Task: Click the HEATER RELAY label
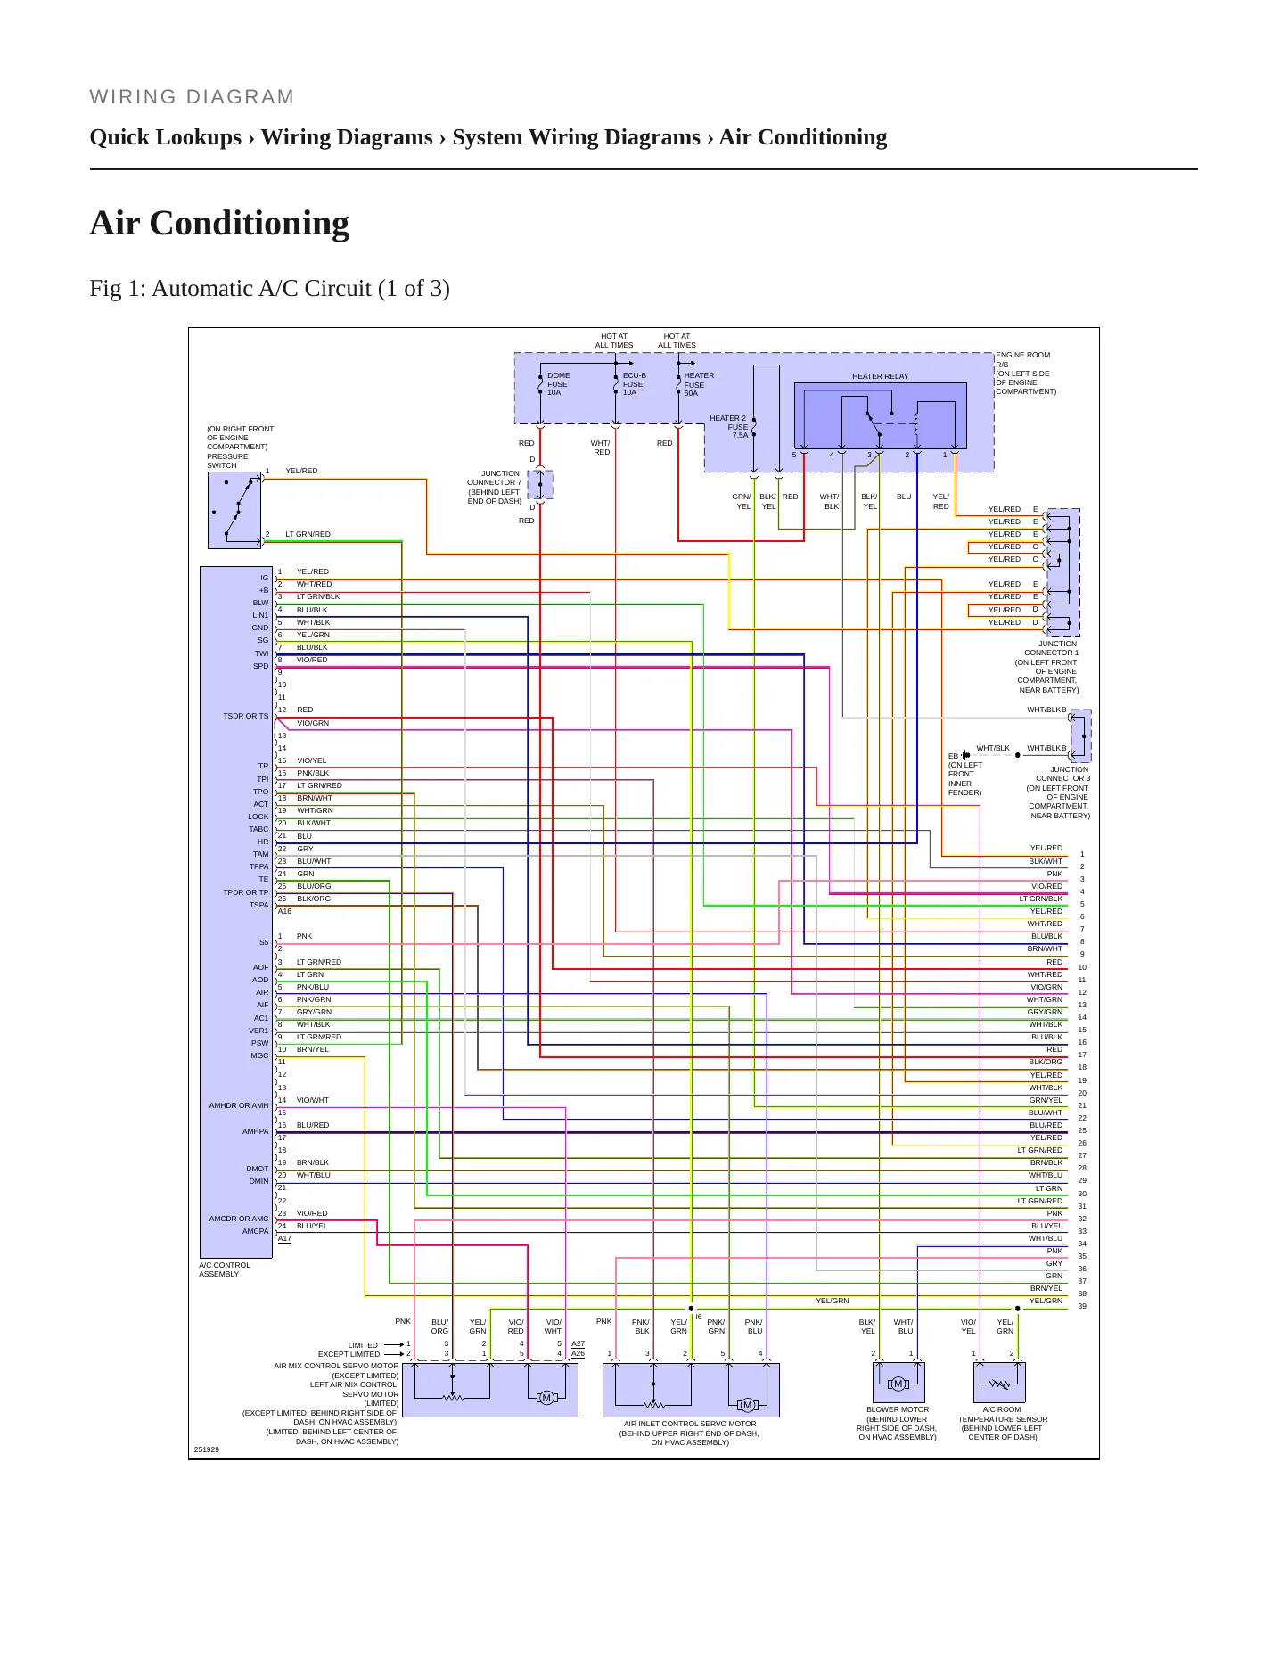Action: click(x=880, y=376)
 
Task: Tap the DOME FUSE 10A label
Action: click(x=558, y=384)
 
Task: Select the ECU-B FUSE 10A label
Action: click(x=634, y=384)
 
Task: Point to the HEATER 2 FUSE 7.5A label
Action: click(x=729, y=427)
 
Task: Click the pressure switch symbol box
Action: click(x=234, y=510)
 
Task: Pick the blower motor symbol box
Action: click(x=898, y=1383)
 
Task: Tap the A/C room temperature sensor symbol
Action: click(x=999, y=1383)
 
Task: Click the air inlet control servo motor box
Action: click(x=691, y=1390)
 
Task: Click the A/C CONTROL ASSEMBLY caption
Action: click(x=225, y=1269)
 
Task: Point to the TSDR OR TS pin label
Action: click(x=245, y=716)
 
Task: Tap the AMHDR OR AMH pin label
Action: click(x=239, y=1105)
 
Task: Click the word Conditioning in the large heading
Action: click(x=250, y=224)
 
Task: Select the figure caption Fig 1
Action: click(x=269, y=289)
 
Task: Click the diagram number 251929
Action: click(x=207, y=1449)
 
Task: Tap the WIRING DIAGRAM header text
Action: click(x=192, y=97)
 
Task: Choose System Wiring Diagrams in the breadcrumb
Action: click(x=576, y=137)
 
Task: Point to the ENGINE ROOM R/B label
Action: click(x=1022, y=359)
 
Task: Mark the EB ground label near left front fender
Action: click(x=953, y=756)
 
